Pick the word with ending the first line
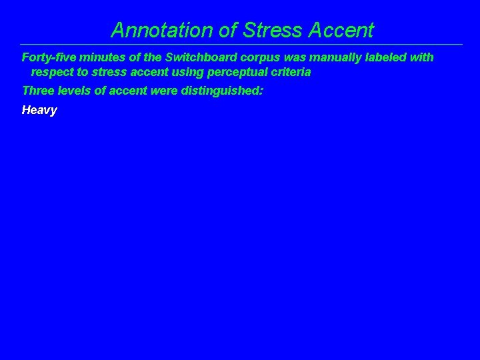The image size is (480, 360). point(422,57)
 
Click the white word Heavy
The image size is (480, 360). point(39,110)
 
